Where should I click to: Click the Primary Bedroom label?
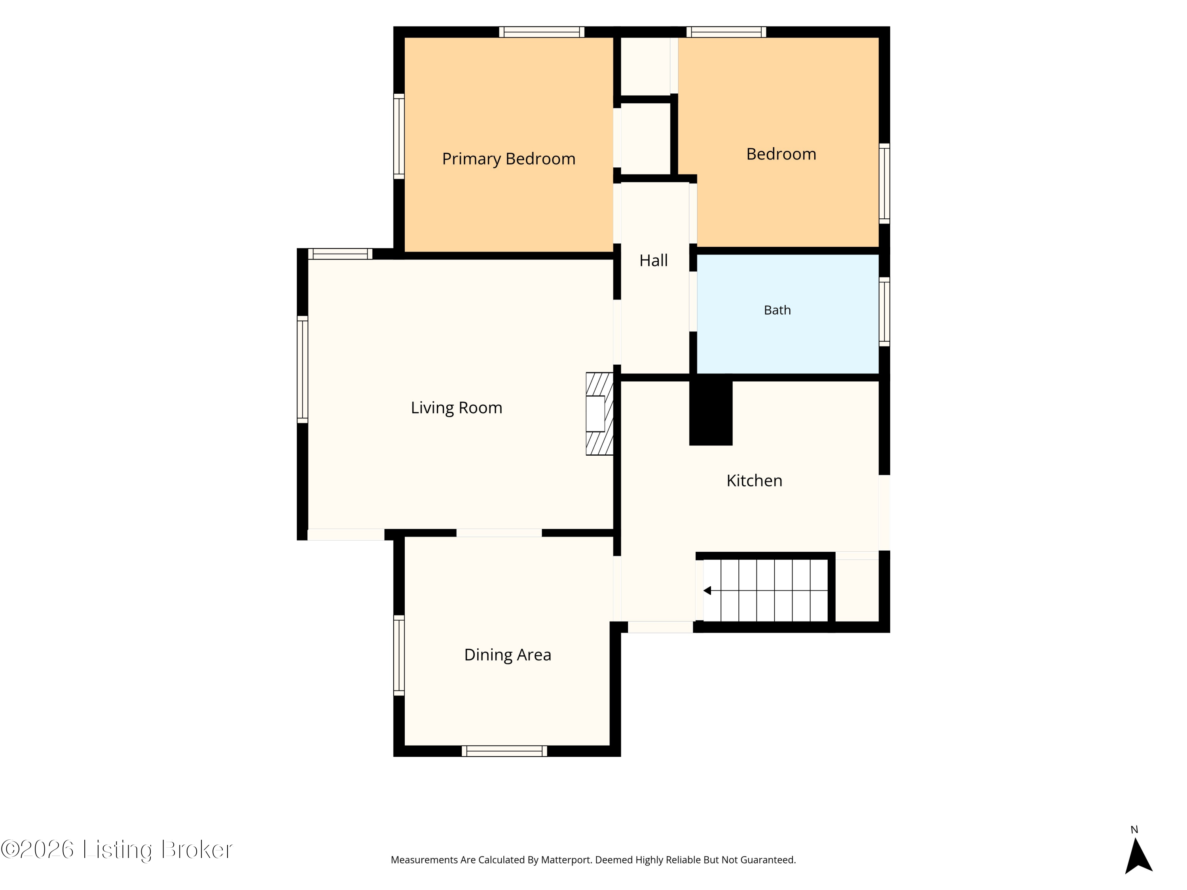[509, 159]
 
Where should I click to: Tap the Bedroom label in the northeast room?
[781, 154]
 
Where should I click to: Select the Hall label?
[654, 260]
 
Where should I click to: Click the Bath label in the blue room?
[777, 310]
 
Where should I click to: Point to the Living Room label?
[457, 408]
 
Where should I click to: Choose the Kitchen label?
[755, 481]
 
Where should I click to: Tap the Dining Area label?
[508, 655]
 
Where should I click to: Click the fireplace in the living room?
[599, 414]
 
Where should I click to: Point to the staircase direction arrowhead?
[707, 591]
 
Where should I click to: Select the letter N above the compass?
[1134, 830]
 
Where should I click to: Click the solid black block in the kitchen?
[711, 410]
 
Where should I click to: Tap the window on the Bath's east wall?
[884, 312]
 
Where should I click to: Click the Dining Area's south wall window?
[504, 751]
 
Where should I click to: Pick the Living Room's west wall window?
[303, 369]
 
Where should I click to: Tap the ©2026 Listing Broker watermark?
[117, 850]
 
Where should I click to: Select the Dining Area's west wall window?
[399, 655]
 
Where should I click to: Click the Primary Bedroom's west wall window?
[399, 136]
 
